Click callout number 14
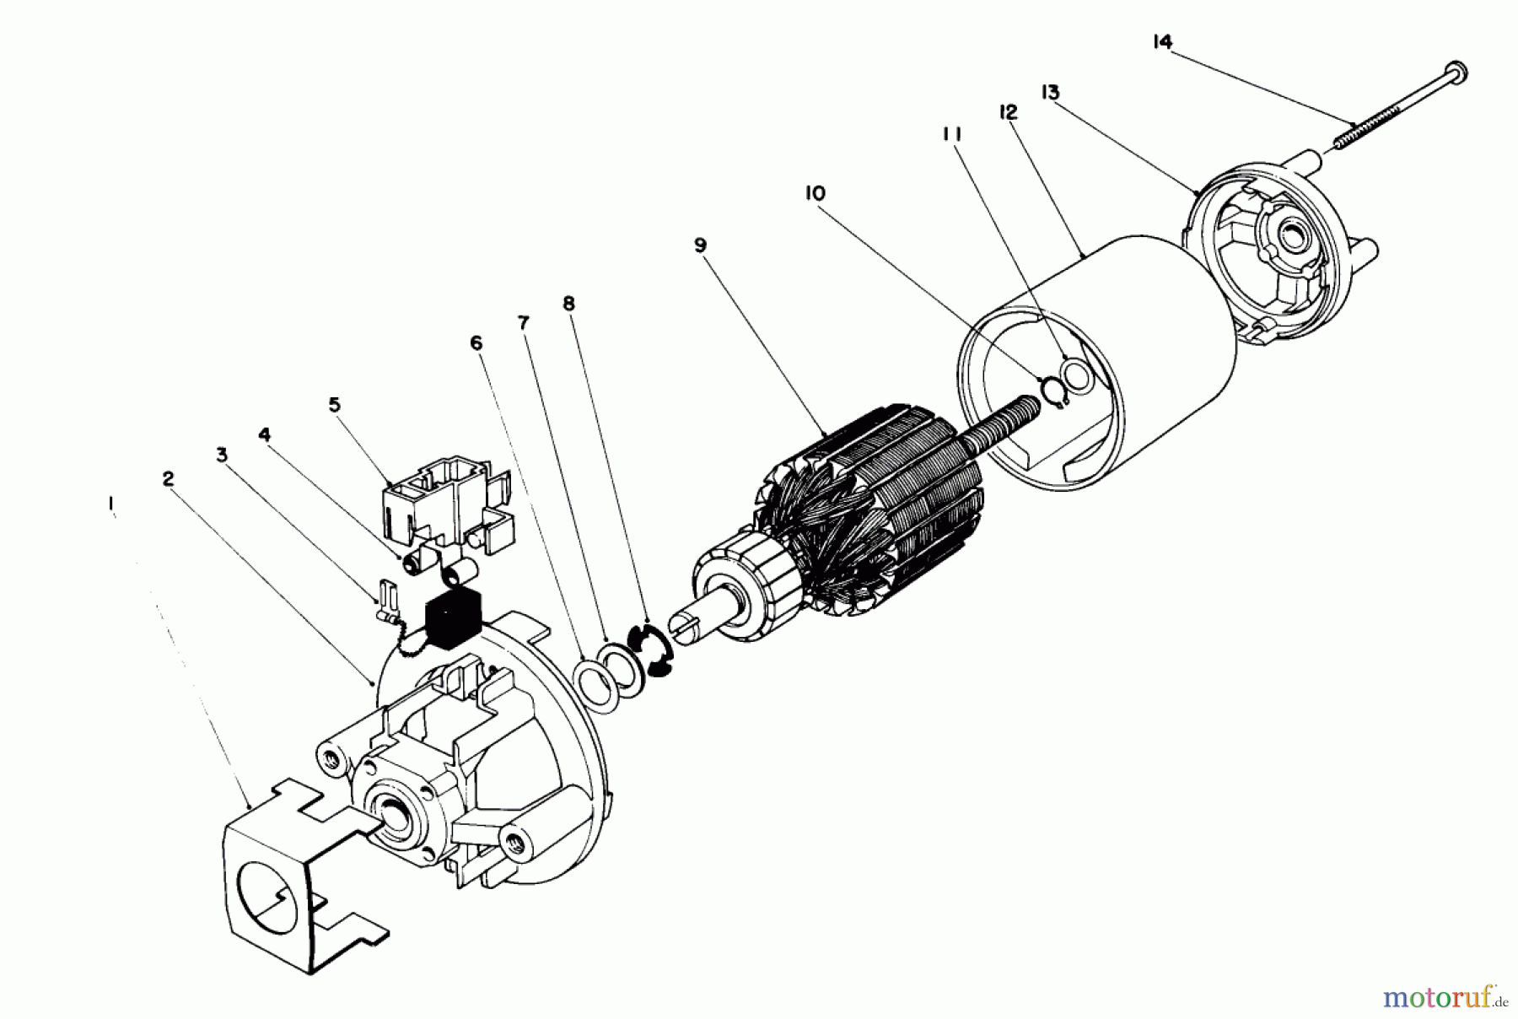(x=1162, y=42)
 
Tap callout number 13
(x=1050, y=93)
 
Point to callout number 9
(x=701, y=245)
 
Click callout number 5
(x=335, y=405)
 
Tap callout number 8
(x=569, y=303)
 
